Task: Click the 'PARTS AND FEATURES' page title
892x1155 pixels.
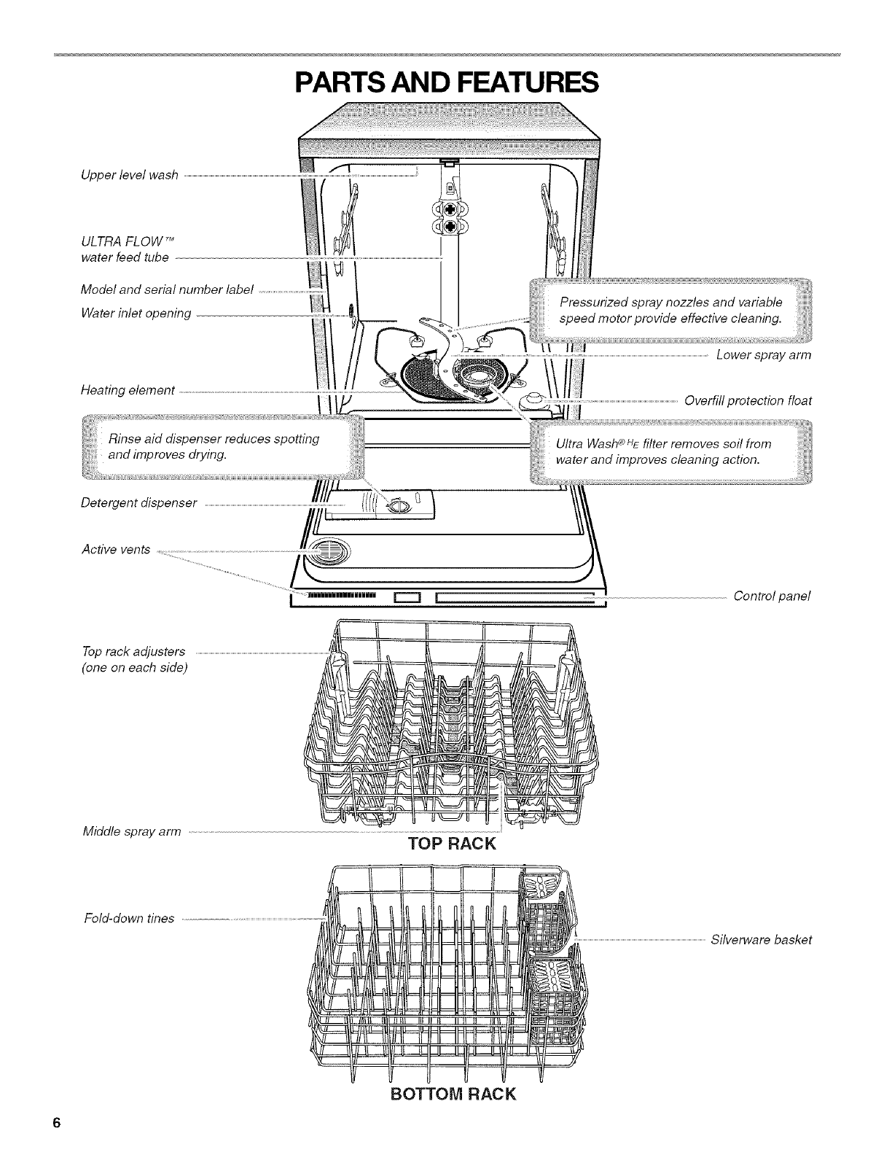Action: [446, 82]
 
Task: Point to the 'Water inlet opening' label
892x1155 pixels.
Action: [136, 314]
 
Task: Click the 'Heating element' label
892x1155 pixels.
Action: [128, 391]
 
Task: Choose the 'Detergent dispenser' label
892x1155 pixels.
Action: [139, 503]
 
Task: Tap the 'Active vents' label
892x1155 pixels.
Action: [116, 549]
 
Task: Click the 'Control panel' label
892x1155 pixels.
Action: [772, 596]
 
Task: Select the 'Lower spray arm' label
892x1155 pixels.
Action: [764, 355]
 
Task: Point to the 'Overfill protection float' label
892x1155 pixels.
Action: [748, 400]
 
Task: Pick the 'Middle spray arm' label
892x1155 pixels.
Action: [131, 831]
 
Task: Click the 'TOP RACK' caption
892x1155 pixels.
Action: [452, 844]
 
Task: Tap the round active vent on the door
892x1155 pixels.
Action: [328, 551]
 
